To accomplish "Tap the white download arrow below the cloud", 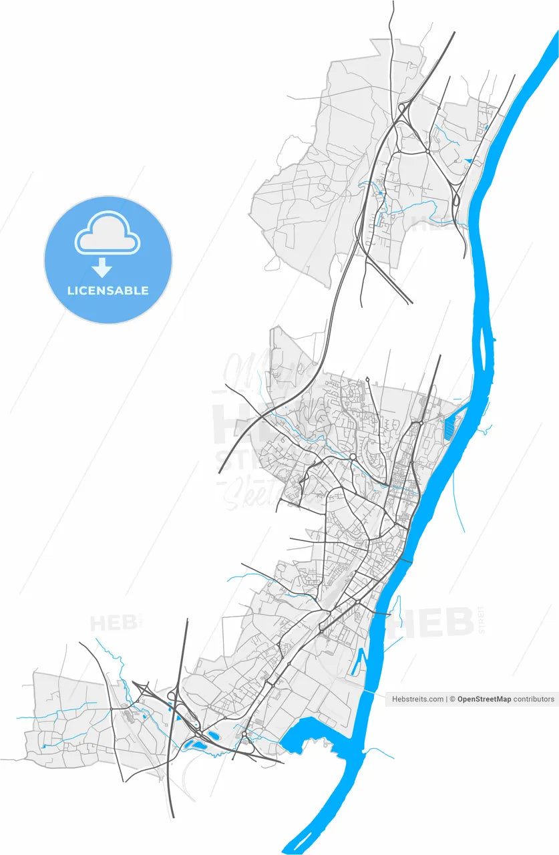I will (x=102, y=268).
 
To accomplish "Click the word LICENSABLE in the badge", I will (x=108, y=291).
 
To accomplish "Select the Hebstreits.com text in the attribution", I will (x=417, y=699).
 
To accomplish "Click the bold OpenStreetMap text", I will (x=484, y=699).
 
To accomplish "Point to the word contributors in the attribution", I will (x=534, y=699).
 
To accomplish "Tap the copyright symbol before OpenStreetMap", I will (x=452, y=699).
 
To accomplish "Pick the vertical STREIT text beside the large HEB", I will (x=482, y=619).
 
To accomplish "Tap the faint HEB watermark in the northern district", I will (x=427, y=224).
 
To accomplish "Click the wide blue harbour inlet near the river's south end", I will (x=311, y=738).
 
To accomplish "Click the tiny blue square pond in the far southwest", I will (x=43, y=745).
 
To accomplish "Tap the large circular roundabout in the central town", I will (x=353, y=457).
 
